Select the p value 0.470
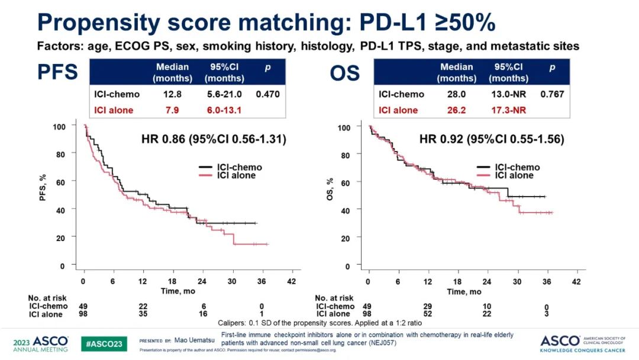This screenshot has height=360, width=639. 267,94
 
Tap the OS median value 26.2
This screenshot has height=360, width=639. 456,110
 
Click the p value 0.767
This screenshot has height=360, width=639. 552,94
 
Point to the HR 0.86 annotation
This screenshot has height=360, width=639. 214,140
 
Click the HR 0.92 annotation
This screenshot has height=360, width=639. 492,140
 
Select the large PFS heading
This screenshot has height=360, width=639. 57,72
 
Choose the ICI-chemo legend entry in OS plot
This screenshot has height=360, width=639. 514,168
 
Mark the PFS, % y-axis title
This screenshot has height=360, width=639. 42,196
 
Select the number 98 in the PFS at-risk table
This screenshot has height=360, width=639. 83,314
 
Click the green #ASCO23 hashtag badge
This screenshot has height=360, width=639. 104,343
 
